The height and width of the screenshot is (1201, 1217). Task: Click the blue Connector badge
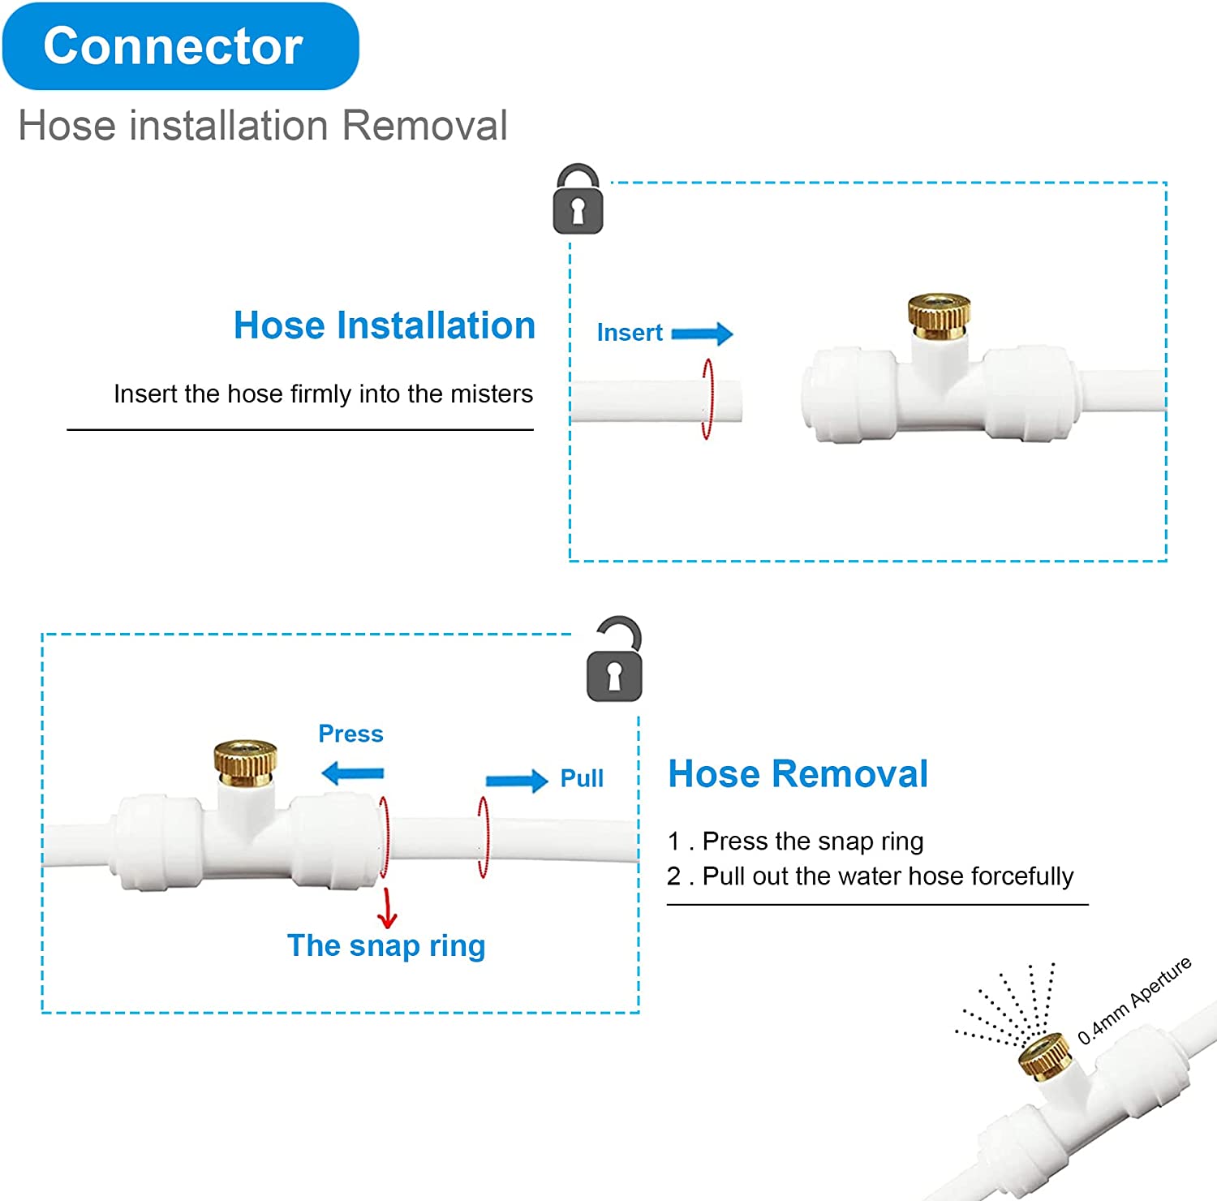[180, 46]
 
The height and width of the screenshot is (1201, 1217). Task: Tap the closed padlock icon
[578, 200]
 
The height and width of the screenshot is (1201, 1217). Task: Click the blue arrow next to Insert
[702, 334]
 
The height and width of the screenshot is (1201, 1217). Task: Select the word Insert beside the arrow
[630, 333]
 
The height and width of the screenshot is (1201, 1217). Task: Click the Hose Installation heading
[385, 325]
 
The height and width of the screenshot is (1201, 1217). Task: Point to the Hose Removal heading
[798, 774]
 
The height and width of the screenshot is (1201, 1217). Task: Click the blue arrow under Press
[353, 773]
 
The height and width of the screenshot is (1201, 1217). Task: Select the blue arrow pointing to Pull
[517, 781]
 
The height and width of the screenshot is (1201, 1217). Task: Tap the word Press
[350, 734]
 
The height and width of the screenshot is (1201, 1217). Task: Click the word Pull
[582, 778]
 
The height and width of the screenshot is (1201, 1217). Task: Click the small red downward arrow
[388, 909]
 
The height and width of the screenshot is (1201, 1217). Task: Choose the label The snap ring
[386, 945]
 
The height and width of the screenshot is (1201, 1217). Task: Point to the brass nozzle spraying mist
[1045, 1055]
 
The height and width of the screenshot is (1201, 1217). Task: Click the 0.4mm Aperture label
[1134, 1001]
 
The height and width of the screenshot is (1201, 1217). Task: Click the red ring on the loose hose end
[707, 399]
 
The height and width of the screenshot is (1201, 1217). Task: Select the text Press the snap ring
[812, 842]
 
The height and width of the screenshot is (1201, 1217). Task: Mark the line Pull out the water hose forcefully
[887, 876]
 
